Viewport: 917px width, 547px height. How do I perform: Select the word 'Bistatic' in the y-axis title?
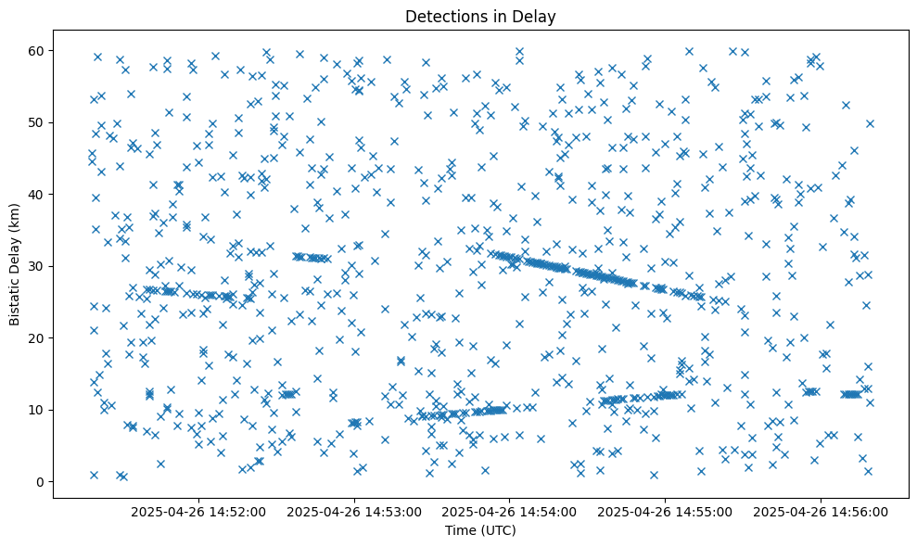[x=16, y=301]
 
